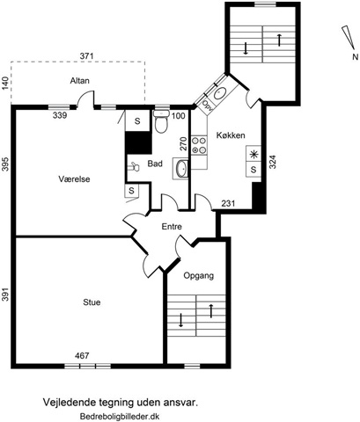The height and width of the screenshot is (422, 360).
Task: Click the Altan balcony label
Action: pos(79,81)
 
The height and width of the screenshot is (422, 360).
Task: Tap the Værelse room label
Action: pos(74,179)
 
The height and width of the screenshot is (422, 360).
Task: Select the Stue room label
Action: pos(92,302)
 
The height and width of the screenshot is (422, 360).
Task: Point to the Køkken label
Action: pos(231,135)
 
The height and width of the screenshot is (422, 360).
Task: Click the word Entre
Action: pos(172,227)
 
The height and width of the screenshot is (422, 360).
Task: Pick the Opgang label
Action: pos(199,276)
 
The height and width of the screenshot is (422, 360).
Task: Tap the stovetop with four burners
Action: pos(199,145)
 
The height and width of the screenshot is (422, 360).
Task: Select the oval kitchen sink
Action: pos(218,93)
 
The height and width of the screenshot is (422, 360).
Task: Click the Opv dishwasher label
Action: pos(208,104)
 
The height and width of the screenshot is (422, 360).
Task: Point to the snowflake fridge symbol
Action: pos(253,155)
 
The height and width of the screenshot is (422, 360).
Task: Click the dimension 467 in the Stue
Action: pos(82,356)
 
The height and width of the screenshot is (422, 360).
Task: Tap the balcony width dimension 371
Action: pos(87,55)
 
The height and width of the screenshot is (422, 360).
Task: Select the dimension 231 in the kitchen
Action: pos(228,203)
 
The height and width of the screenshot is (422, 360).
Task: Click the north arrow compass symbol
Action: pos(349,38)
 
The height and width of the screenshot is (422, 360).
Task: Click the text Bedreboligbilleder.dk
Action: pos(120,416)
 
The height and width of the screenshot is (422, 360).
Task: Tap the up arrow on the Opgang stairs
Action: pos(210,311)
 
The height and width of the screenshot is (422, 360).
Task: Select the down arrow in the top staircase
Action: pos(246,48)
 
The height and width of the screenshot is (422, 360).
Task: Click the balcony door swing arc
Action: pos(84,96)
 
